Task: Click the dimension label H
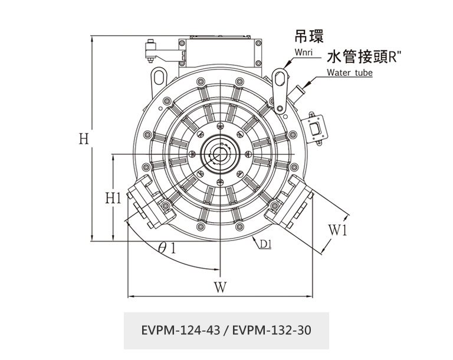pos(84,139)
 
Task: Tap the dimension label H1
pos(113,197)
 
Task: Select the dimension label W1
pos(337,230)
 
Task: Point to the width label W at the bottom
pos(220,287)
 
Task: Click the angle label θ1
pos(167,247)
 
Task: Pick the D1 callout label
pos(265,243)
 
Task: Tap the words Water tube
pos(349,73)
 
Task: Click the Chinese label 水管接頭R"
pos(364,57)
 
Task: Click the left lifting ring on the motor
pos(159,77)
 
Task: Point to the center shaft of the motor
pos(219,154)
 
